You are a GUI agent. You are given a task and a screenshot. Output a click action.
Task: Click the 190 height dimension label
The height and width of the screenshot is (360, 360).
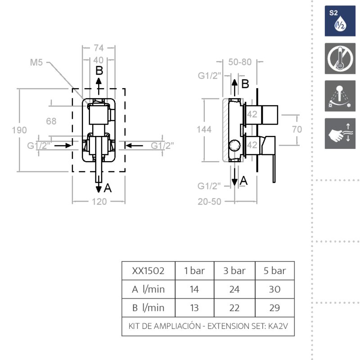pos(19,130)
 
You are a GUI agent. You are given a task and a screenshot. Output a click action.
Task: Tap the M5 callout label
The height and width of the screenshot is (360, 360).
pos(36,63)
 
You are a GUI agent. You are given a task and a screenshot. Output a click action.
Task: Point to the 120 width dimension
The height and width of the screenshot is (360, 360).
pos(99,202)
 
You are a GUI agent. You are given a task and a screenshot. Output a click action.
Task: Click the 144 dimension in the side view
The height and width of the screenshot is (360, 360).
pos(205,130)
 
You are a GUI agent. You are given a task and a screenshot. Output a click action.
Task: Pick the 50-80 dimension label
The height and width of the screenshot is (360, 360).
pos(240,63)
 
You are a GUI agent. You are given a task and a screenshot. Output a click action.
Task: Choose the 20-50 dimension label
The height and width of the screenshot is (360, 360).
pos(210,202)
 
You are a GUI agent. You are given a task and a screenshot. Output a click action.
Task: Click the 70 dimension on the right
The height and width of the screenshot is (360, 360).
pos(297,130)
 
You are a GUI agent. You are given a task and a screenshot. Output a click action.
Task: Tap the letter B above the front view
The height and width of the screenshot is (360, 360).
pos(99,71)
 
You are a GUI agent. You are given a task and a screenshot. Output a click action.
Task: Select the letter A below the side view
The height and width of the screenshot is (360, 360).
pos(243,180)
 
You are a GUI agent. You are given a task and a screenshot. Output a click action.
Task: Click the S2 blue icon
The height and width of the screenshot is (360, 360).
pos(340,21)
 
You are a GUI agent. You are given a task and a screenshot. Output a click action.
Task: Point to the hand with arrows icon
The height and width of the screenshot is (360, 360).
pos(340,133)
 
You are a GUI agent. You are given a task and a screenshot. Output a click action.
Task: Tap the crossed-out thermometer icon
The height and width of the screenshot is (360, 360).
pos(340,58)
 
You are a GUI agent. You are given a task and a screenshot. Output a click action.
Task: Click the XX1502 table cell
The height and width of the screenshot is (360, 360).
pos(148,271)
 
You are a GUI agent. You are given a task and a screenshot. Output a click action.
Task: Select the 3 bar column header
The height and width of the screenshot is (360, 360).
pos(234,271)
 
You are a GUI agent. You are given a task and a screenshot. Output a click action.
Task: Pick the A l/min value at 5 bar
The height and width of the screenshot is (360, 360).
pos(274,289)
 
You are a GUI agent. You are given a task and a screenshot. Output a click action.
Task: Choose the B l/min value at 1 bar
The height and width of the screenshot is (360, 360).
pos(194,308)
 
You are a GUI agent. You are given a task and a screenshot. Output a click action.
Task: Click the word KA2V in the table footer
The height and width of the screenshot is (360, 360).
pos(283,326)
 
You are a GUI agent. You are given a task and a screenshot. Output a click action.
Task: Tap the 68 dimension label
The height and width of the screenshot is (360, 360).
pos(51,121)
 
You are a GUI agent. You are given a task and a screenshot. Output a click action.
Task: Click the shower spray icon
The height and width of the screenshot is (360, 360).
pos(340,96)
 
